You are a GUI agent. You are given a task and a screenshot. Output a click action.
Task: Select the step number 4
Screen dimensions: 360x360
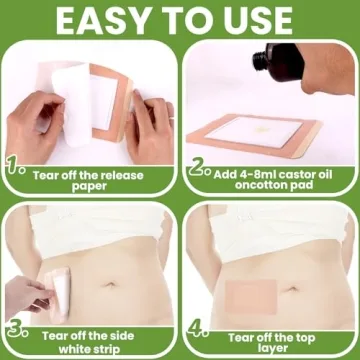[x=199, y=330]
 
